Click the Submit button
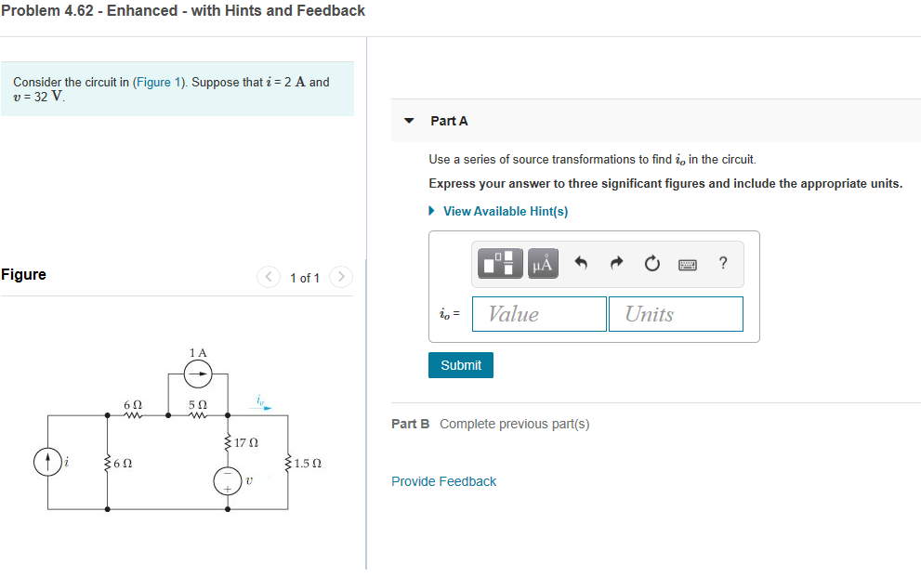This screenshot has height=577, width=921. pyautogui.click(x=461, y=365)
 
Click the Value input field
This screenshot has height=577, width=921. pyautogui.click(x=539, y=314)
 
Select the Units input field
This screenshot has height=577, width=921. pyautogui.click(x=677, y=314)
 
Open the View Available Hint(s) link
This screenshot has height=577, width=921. pyautogui.click(x=505, y=211)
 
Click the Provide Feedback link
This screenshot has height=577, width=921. pyautogui.click(x=443, y=481)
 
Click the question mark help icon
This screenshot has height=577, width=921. pyautogui.click(x=723, y=264)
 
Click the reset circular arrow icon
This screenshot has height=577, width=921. pyautogui.click(x=651, y=265)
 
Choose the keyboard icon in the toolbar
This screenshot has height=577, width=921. pyautogui.click(x=688, y=265)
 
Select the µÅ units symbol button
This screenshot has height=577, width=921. pyautogui.click(x=543, y=265)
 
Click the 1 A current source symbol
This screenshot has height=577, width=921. pyautogui.click(x=197, y=374)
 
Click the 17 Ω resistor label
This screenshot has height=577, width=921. pyautogui.click(x=246, y=443)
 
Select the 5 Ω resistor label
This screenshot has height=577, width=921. pyautogui.click(x=197, y=405)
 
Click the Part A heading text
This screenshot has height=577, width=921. pyautogui.click(x=449, y=121)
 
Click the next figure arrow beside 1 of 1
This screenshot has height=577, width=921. pyautogui.click(x=341, y=277)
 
